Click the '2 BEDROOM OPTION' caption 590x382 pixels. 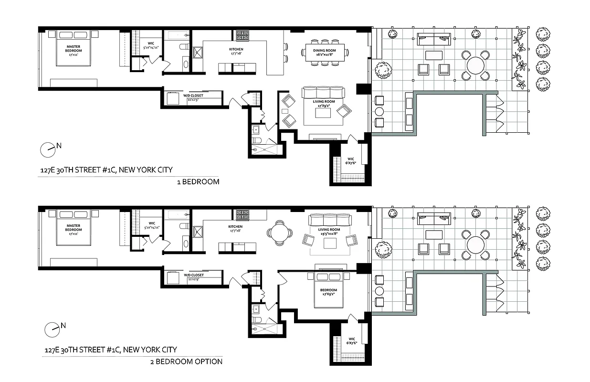186,361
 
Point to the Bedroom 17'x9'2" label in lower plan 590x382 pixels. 328,292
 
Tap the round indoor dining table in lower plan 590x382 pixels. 280,233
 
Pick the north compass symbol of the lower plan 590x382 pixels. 51,329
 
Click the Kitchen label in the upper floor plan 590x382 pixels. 236,52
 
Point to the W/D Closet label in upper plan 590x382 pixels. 193,97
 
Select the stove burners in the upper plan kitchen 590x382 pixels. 242,35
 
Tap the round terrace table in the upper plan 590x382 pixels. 475,65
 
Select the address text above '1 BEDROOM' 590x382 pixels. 106,170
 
